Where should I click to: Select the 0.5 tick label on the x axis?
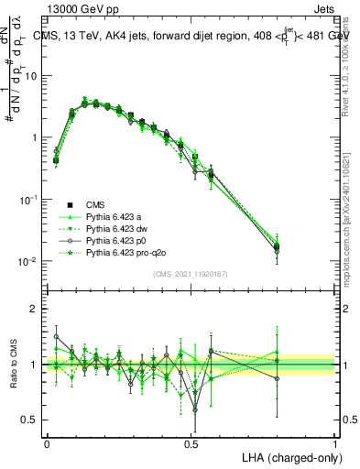(x=191, y=443)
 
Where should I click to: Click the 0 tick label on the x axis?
(x=47, y=443)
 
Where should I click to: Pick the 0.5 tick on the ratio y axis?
(x=31, y=420)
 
